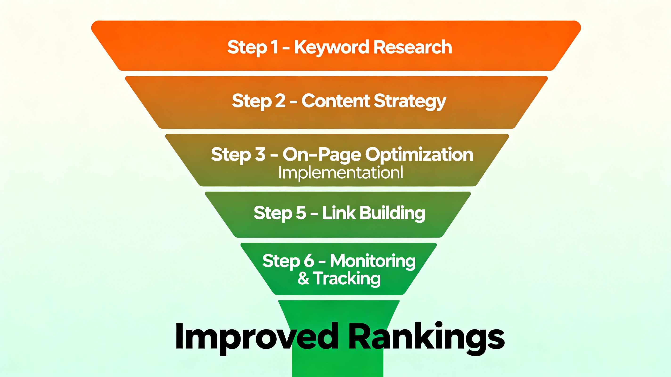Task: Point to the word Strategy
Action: (x=410, y=101)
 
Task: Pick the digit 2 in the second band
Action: (x=280, y=101)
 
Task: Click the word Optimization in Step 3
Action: (x=419, y=155)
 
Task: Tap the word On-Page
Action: (x=321, y=155)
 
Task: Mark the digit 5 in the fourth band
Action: (x=301, y=213)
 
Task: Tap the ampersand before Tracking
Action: (x=303, y=278)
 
